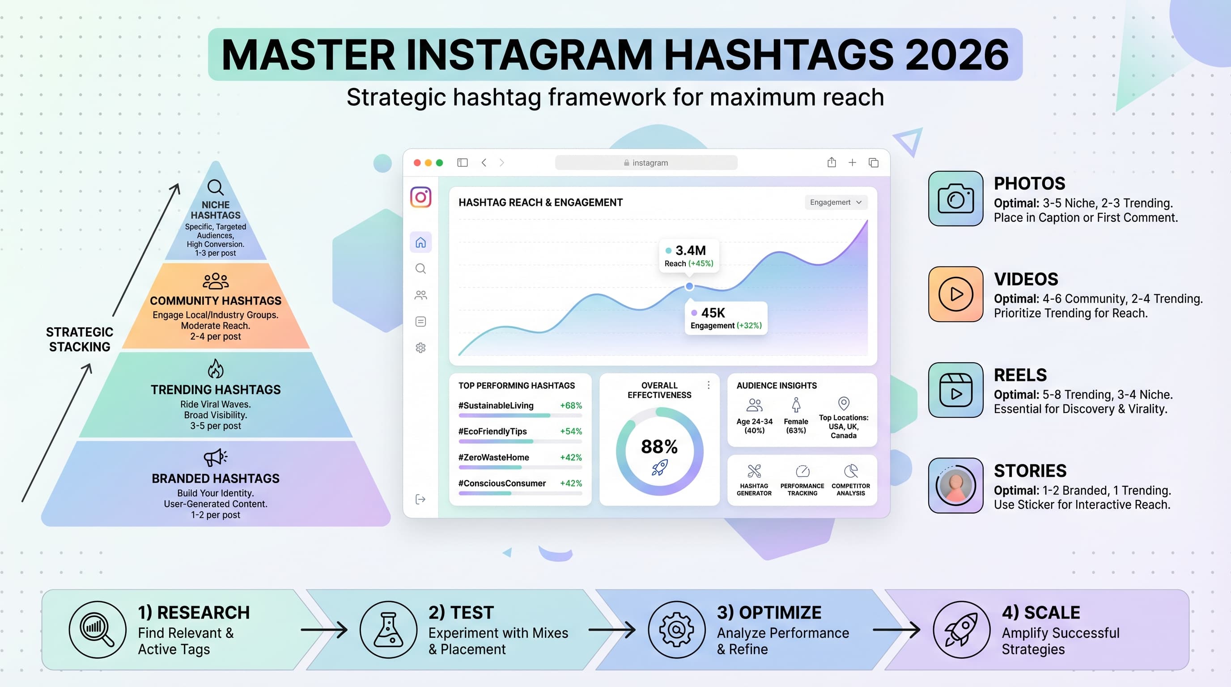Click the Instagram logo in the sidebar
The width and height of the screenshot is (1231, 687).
[420, 197]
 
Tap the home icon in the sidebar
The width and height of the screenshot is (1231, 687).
[420, 243]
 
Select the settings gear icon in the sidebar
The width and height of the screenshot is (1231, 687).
[420, 348]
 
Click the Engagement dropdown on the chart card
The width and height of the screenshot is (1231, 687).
[835, 202]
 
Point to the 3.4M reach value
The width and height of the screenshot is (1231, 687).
[691, 250]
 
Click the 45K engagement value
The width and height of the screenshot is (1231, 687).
[713, 313]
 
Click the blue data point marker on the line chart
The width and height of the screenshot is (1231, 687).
[689, 286]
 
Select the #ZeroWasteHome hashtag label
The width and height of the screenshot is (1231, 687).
[494, 457]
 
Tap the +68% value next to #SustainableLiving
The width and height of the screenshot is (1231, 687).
[571, 406]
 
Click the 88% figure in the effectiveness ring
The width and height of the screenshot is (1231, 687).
[659, 447]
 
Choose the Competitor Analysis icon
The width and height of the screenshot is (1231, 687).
[851, 471]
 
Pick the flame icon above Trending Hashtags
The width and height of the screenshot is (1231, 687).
[216, 369]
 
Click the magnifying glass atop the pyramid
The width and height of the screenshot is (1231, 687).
[216, 187]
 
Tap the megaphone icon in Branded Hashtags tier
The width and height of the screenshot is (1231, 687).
[216, 457]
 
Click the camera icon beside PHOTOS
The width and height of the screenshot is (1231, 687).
[955, 199]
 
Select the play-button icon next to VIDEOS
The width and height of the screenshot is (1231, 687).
[955, 294]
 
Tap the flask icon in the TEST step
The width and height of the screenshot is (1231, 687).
[388, 630]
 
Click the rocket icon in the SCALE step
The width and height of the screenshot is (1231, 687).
[961, 630]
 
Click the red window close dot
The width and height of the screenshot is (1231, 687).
[417, 163]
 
